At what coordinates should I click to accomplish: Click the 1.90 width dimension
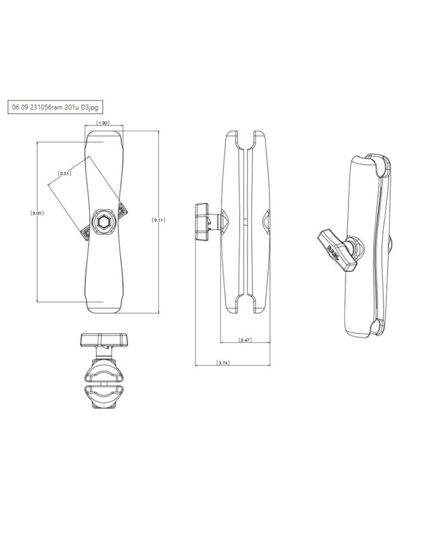[x=103, y=123]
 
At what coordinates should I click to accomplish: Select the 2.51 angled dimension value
[x=65, y=174]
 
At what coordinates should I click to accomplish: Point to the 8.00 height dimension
[x=37, y=213]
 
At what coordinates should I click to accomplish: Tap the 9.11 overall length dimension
[x=159, y=220]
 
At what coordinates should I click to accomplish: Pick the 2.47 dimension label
[x=245, y=340]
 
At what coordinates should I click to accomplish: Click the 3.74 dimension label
[x=223, y=363]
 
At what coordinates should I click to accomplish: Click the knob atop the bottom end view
[x=103, y=340]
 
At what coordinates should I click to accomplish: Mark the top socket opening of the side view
[x=244, y=139]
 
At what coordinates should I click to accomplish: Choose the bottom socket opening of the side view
[x=244, y=304]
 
